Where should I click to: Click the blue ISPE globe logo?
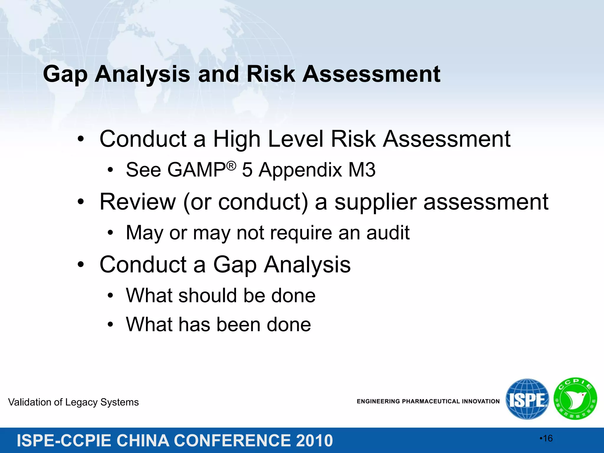[527, 399]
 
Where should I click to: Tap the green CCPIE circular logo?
[575, 399]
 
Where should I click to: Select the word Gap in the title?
[65, 74]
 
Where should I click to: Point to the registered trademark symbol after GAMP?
[232, 166]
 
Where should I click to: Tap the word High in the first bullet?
[237, 139]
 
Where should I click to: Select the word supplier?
[375, 202]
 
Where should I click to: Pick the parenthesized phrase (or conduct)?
[245, 202]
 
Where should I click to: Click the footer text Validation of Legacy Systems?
[73, 402]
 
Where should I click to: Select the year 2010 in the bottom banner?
[314, 441]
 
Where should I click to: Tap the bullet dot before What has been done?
[110, 324]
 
